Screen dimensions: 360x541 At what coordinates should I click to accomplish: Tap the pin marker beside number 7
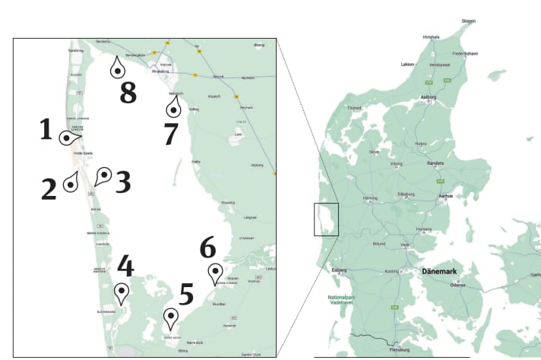(173, 109)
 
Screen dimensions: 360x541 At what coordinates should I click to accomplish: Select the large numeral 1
(46, 130)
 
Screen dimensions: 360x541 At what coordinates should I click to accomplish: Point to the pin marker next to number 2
(72, 182)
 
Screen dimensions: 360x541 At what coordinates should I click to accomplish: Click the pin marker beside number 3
(103, 176)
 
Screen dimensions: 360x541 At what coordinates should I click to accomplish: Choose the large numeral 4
(125, 267)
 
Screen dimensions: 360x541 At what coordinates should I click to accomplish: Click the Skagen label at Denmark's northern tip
(468, 21)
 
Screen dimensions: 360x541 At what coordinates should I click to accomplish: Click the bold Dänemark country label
(440, 271)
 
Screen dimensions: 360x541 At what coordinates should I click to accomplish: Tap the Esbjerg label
(339, 269)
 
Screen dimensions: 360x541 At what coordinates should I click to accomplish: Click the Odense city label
(457, 285)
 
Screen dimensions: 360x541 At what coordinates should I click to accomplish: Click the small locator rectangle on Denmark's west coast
(326, 219)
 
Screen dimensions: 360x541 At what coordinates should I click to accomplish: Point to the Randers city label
(436, 163)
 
